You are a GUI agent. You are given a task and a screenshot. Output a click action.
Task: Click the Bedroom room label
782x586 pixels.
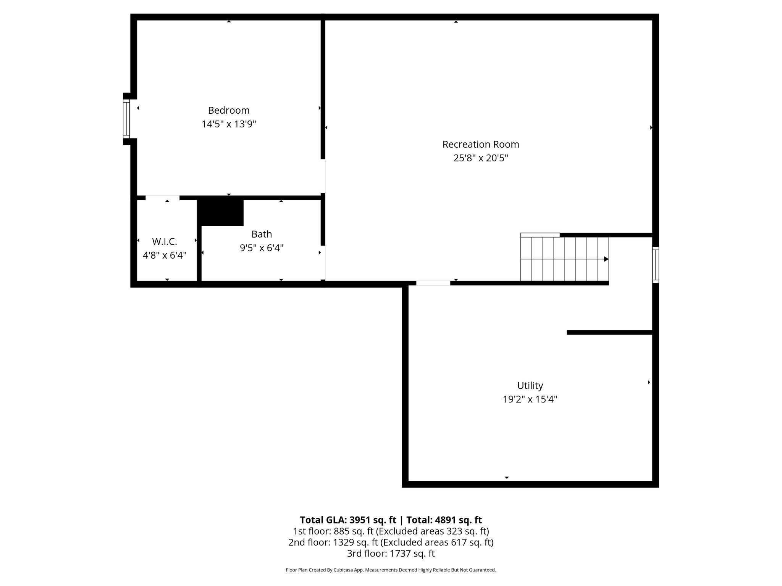[x=229, y=110]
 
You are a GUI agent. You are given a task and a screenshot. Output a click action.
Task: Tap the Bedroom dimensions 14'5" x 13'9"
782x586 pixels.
[x=229, y=124]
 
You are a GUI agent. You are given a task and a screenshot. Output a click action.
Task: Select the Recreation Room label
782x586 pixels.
[x=481, y=144]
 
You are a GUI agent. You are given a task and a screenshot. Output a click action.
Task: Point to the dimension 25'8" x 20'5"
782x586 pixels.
[x=481, y=158]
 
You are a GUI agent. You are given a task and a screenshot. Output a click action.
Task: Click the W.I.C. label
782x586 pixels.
[x=165, y=241]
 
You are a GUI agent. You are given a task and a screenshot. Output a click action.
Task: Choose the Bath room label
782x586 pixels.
[x=262, y=234]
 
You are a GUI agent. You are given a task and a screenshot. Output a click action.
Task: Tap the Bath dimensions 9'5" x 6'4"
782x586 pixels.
[x=262, y=248]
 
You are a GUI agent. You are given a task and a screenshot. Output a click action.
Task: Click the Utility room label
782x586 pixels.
[x=530, y=385]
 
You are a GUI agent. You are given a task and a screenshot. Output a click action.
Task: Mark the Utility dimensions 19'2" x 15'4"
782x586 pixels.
[x=530, y=399]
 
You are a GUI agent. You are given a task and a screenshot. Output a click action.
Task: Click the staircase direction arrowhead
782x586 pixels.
[x=606, y=259]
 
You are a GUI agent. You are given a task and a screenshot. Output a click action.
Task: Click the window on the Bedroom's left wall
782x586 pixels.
[x=126, y=119]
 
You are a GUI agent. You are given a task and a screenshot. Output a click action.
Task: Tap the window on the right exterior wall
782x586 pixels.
[x=656, y=265]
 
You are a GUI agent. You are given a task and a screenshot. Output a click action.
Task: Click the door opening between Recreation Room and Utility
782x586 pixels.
[x=433, y=283]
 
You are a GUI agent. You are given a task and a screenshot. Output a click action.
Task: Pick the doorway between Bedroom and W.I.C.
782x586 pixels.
[x=162, y=198]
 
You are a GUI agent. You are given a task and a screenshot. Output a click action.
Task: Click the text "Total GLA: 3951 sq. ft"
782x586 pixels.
[x=348, y=520]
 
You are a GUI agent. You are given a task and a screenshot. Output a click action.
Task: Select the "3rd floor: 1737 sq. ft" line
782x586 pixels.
[x=391, y=554]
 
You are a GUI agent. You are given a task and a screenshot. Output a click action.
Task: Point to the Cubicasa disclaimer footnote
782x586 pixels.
[x=391, y=570]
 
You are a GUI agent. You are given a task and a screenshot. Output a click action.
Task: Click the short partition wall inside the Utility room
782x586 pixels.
[x=609, y=333]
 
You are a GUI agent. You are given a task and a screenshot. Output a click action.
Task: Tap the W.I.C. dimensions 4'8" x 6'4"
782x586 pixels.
[x=165, y=255]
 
